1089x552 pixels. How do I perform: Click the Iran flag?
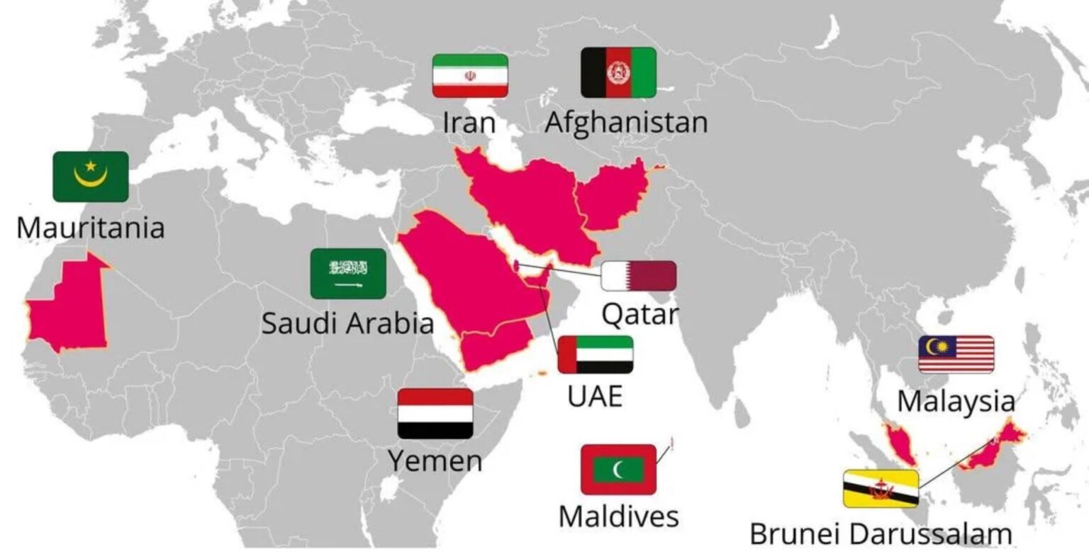pyautogui.click(x=470, y=76)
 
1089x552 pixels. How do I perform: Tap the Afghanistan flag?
pyautogui.click(x=618, y=72)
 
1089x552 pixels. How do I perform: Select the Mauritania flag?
pyautogui.click(x=91, y=177)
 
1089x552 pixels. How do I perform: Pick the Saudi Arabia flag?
pyautogui.click(x=348, y=273)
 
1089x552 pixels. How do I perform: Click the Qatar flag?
pyautogui.click(x=639, y=276)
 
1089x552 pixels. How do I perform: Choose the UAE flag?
pyautogui.click(x=596, y=355)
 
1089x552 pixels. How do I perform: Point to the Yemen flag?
pyautogui.click(x=435, y=414)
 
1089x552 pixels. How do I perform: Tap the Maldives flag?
pyautogui.click(x=618, y=469)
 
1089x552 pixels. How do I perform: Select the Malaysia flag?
pyautogui.click(x=956, y=355)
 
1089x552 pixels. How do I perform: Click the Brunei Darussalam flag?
pyautogui.click(x=881, y=488)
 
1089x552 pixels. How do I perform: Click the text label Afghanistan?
pyautogui.click(x=626, y=122)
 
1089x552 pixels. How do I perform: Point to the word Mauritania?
pyautogui.click(x=90, y=228)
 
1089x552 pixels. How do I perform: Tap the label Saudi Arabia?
pyautogui.click(x=347, y=324)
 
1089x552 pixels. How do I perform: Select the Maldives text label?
pyautogui.click(x=618, y=516)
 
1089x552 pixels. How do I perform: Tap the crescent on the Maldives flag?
pyautogui.click(x=621, y=469)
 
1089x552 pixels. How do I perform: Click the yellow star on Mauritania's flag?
pyautogui.click(x=91, y=166)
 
